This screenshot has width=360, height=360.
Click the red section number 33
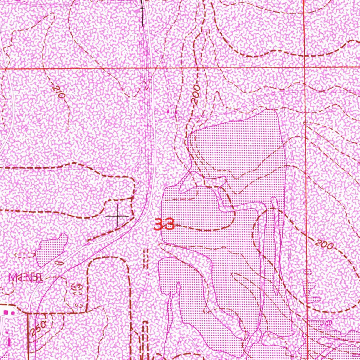(165, 224)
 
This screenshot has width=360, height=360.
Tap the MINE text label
(26, 278)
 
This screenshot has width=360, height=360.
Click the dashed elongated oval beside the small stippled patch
(26, 255)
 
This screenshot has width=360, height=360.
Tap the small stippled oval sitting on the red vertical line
(308, 272)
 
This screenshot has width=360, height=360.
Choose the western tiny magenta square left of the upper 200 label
(168, 111)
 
